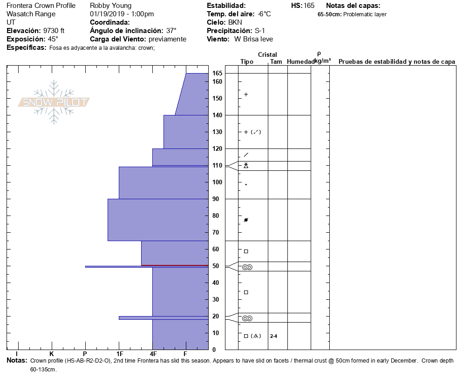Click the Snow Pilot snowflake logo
point(54,102)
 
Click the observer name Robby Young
point(111,6)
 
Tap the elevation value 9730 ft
point(54,31)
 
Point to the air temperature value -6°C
point(264,14)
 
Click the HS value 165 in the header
point(309,6)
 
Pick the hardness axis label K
point(52,354)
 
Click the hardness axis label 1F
point(119,354)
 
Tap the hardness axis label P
point(85,354)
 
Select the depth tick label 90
point(216,199)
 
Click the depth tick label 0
point(214,350)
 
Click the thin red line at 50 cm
point(175,265)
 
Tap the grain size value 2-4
point(274,336)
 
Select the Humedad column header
point(300,61)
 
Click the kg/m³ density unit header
point(322,61)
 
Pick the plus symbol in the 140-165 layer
point(246,94)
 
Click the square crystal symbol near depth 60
point(246,251)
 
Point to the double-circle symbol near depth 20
point(247,318)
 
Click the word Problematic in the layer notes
point(358,14)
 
